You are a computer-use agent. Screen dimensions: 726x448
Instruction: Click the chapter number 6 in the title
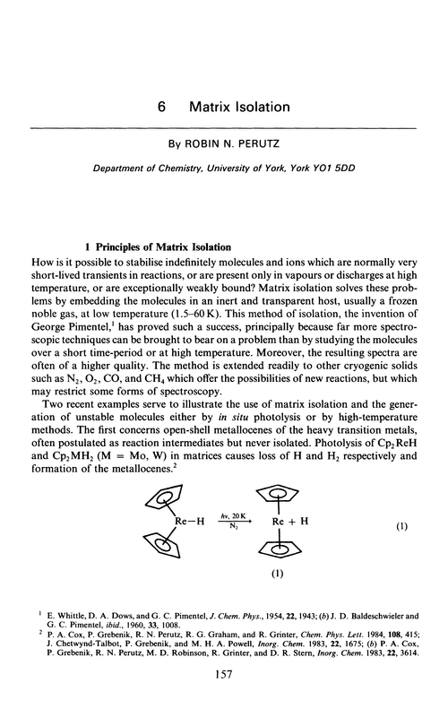160,107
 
